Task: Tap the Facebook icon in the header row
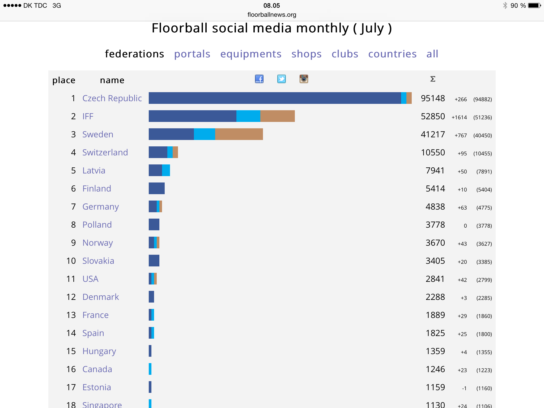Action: click(x=259, y=79)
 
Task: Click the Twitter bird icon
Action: click(x=282, y=79)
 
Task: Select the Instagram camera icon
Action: click(x=304, y=79)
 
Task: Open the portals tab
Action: click(x=192, y=54)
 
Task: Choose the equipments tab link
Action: click(x=251, y=54)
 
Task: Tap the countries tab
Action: click(x=392, y=54)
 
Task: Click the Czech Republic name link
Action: click(x=112, y=98)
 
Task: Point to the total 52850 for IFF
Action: click(x=433, y=116)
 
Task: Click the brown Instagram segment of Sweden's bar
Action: click(x=239, y=134)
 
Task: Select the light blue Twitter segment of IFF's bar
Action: click(x=248, y=116)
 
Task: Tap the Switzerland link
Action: click(x=105, y=152)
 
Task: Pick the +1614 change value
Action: click(x=459, y=117)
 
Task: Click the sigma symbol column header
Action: click(x=433, y=79)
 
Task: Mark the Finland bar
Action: click(x=157, y=188)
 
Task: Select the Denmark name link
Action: click(x=101, y=297)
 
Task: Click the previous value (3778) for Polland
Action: click(x=484, y=226)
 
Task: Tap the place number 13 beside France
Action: click(x=71, y=315)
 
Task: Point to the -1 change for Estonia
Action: click(x=464, y=388)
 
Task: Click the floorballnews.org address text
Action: click(x=272, y=15)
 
